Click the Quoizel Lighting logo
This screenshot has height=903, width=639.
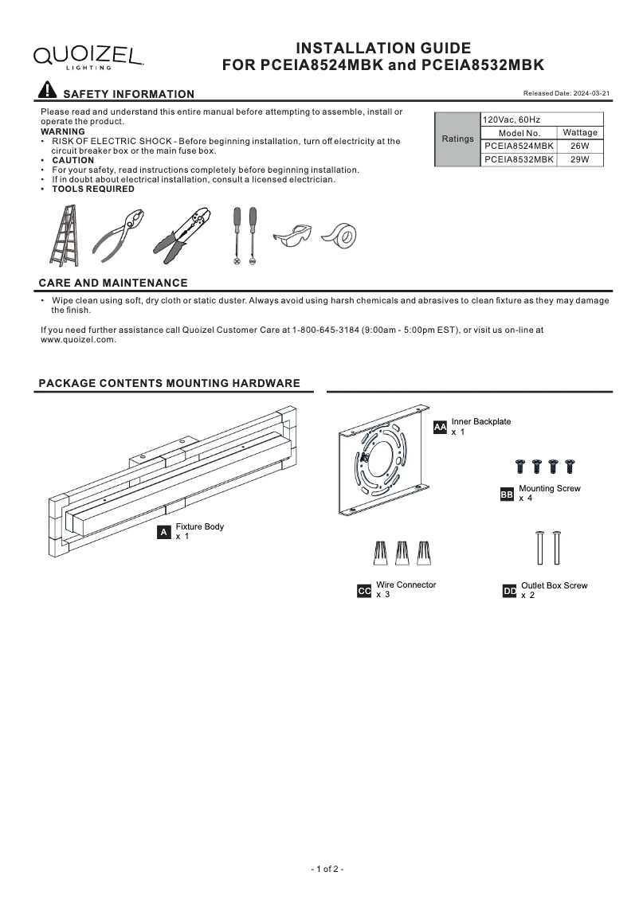pyautogui.click(x=88, y=57)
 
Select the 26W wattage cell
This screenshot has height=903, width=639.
pyautogui.click(x=579, y=147)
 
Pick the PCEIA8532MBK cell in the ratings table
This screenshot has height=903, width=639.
pyautogui.click(x=519, y=159)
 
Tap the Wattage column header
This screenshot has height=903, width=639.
pyautogui.click(x=579, y=133)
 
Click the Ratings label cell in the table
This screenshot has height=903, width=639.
pyautogui.click(x=457, y=139)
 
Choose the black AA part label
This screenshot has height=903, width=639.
pyautogui.click(x=440, y=428)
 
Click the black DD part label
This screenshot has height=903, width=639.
pyautogui.click(x=510, y=591)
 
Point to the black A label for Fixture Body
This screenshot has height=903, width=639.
pyautogui.click(x=164, y=532)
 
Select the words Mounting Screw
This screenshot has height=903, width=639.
pyautogui.click(x=549, y=488)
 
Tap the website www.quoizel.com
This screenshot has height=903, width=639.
pyautogui.click(x=78, y=339)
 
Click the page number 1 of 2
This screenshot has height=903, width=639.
pyautogui.click(x=327, y=869)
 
